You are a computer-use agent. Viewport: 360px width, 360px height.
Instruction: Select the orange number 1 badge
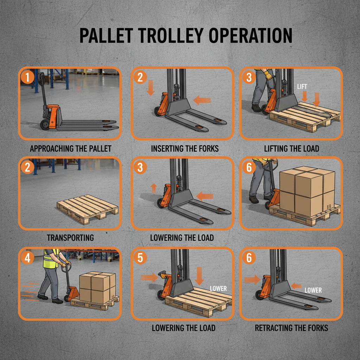tap(27, 77)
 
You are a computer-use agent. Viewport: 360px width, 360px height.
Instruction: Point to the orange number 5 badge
tap(140, 258)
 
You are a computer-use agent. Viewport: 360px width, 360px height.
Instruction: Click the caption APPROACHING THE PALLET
tap(70, 148)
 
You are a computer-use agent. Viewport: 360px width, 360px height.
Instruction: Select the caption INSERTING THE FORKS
tap(185, 148)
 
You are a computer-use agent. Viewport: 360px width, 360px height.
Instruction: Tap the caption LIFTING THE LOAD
tap(291, 148)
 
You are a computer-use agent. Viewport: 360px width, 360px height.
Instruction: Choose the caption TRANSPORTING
tap(70, 238)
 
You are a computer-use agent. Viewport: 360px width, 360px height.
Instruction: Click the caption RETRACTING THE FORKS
tap(291, 328)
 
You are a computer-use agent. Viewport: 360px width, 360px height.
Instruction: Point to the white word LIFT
tap(302, 86)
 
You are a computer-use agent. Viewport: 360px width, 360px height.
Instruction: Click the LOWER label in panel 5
tap(218, 289)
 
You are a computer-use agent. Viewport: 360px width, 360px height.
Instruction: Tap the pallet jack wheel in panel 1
tap(45, 124)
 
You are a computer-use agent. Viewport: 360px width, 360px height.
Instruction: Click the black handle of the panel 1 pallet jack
tap(42, 79)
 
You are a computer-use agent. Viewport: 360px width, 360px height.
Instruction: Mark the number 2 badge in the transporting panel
tap(27, 167)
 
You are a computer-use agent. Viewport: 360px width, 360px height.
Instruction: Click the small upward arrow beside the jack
tap(154, 188)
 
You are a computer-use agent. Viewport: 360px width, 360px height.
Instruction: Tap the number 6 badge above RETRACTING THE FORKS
tap(249, 258)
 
